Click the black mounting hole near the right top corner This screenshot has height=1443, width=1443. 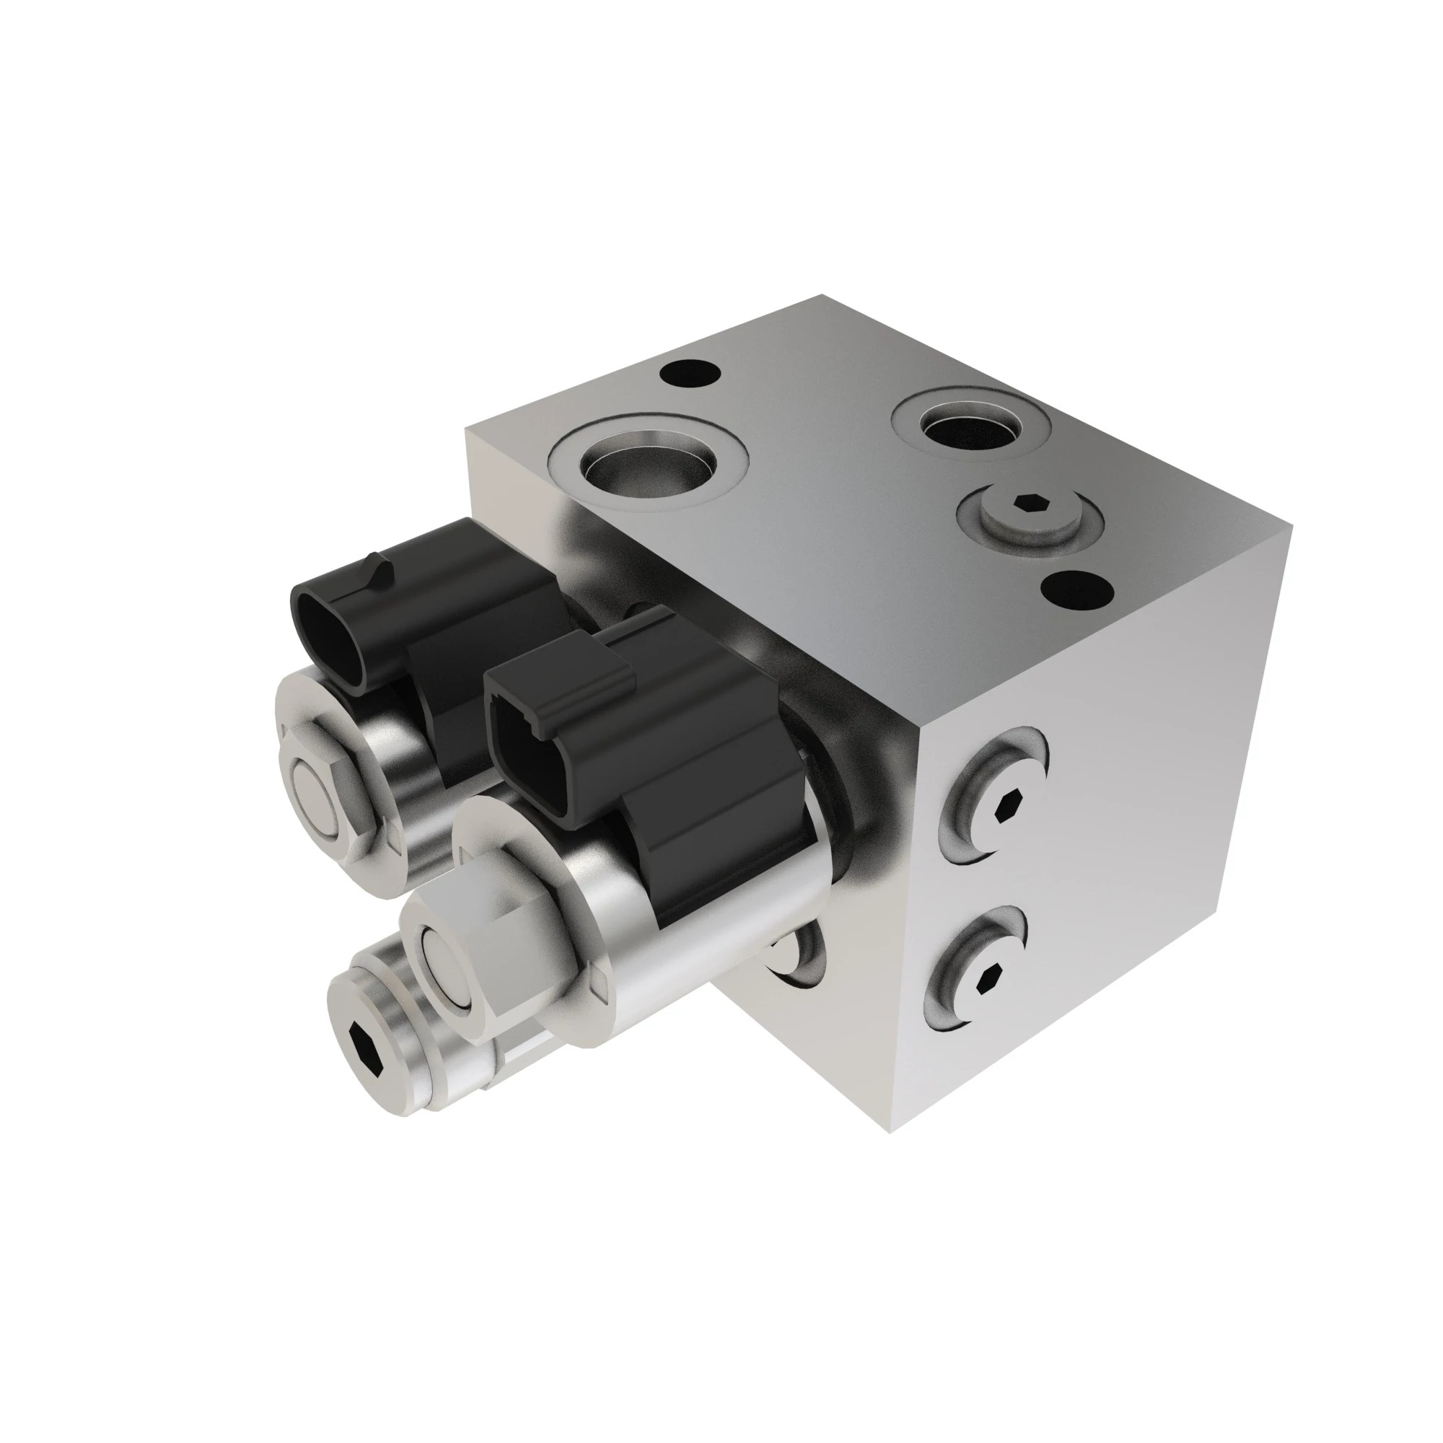[x=1077, y=591]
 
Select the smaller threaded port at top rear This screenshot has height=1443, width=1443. [x=971, y=428]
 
